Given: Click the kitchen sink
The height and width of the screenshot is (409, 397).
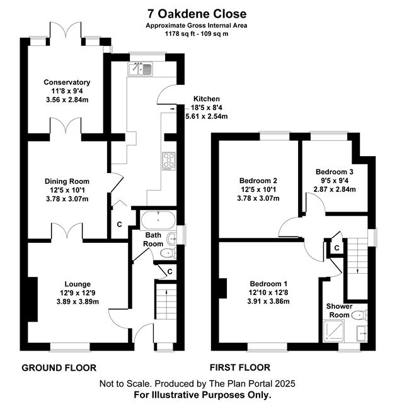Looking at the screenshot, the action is point(140,69).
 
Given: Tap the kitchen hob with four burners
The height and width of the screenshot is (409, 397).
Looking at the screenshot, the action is point(168,161).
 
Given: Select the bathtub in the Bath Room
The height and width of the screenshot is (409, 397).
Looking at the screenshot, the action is point(158,220).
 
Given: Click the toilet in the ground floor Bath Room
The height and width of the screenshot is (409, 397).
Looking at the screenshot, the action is point(168,253).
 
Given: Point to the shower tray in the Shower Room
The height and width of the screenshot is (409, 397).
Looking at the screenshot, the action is point(334,331).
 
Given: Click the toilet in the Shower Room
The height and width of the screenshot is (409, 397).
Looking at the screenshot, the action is point(359,315).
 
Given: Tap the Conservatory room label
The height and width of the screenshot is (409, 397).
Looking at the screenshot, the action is point(67,82).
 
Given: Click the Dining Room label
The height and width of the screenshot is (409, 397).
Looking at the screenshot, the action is point(67,181).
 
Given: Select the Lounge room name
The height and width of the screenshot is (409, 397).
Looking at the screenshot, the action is point(78,284).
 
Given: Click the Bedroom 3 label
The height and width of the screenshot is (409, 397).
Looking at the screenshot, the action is point(335,172).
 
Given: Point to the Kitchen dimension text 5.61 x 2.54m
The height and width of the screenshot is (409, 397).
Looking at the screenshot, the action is point(206,116).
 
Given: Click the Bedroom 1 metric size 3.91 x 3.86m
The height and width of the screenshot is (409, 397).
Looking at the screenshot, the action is point(268,301).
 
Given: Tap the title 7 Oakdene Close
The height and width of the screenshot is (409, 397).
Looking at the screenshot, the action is point(197,14).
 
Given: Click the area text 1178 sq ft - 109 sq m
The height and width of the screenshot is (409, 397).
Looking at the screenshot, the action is point(197,33).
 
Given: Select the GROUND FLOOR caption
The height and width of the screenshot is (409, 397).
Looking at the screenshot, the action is point(59,368).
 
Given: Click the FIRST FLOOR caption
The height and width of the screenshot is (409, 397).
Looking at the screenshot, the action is point(240,367).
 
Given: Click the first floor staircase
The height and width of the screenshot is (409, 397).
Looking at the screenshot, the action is point(357,269).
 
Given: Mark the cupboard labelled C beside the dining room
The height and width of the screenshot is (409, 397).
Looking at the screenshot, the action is point(120,225).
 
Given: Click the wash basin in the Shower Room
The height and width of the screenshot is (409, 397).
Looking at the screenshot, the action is point(362,333).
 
